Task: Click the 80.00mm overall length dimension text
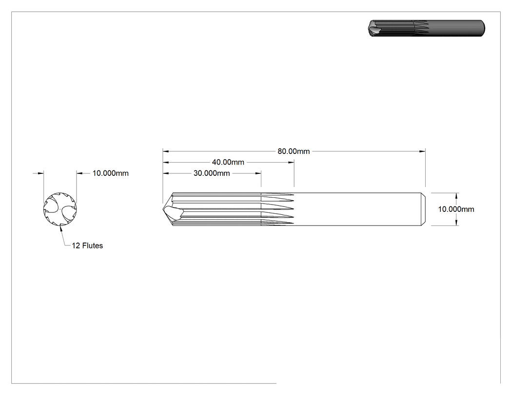pyautogui.click(x=294, y=151)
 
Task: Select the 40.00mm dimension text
pyautogui.click(x=228, y=162)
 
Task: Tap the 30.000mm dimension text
pyautogui.click(x=212, y=173)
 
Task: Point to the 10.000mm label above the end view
pyautogui.click(x=110, y=173)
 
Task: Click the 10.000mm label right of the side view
pyautogui.click(x=456, y=209)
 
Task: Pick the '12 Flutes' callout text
pyautogui.click(x=87, y=245)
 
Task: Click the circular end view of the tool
pyautogui.click(x=60, y=209)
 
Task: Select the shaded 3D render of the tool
pyautogui.click(x=426, y=28)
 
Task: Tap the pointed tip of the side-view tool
pyautogui.click(x=163, y=209)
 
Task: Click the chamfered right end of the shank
pyautogui.click(x=424, y=209)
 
